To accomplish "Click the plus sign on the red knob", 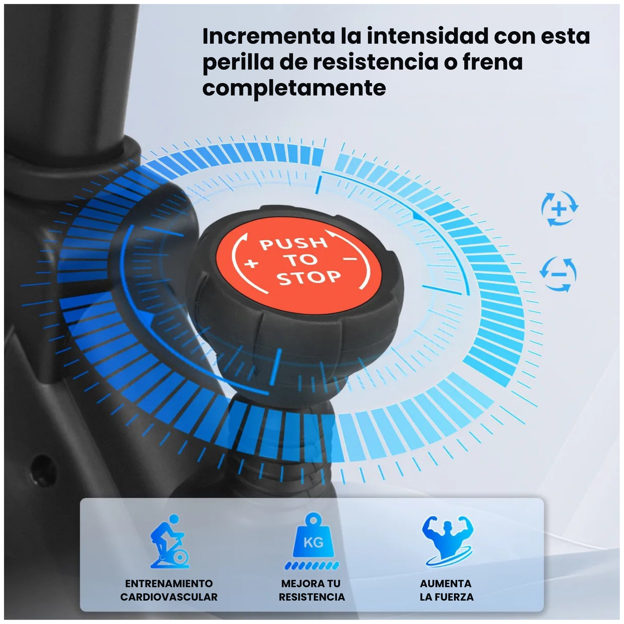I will tap(251, 264).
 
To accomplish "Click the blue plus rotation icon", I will tap(560, 208).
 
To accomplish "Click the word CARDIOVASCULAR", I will tap(169, 597).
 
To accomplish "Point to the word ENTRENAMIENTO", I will tap(169, 583).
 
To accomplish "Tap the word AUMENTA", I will tap(446, 583).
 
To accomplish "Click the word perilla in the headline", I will tap(236, 62).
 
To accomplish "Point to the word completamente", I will tap(294, 88).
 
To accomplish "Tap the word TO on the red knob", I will tap(300, 260).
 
